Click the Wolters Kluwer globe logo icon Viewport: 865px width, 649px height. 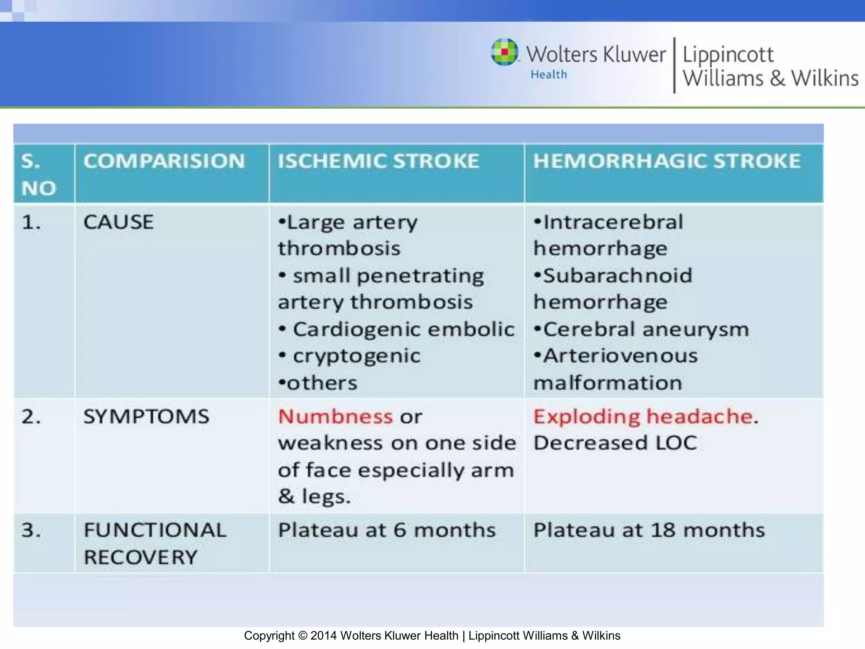click(504, 52)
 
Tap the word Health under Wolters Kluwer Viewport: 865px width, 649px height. click(549, 75)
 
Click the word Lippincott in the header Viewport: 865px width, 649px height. click(728, 55)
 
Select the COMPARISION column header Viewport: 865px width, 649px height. click(164, 161)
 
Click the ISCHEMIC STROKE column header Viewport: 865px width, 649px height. click(378, 161)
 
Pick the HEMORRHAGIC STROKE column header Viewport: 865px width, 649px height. click(666, 161)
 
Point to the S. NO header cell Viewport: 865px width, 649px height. click(39, 174)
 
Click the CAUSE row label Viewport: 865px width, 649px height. click(118, 222)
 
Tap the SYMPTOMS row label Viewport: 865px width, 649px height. click(146, 417)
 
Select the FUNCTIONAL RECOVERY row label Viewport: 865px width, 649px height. click(155, 543)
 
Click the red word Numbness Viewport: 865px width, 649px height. click(335, 417)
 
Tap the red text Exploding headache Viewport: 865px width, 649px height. click(643, 417)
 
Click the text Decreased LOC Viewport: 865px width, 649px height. click(615, 443)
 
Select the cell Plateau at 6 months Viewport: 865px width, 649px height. click(386, 530)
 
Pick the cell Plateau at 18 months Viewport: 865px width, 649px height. click(649, 530)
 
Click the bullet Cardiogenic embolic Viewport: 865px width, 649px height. click(403, 329)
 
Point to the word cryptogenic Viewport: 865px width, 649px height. click(356, 356)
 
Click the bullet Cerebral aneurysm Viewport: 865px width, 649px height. click(645, 329)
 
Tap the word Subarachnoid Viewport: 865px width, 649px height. click(617, 275)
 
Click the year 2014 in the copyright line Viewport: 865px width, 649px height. click(324, 636)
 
